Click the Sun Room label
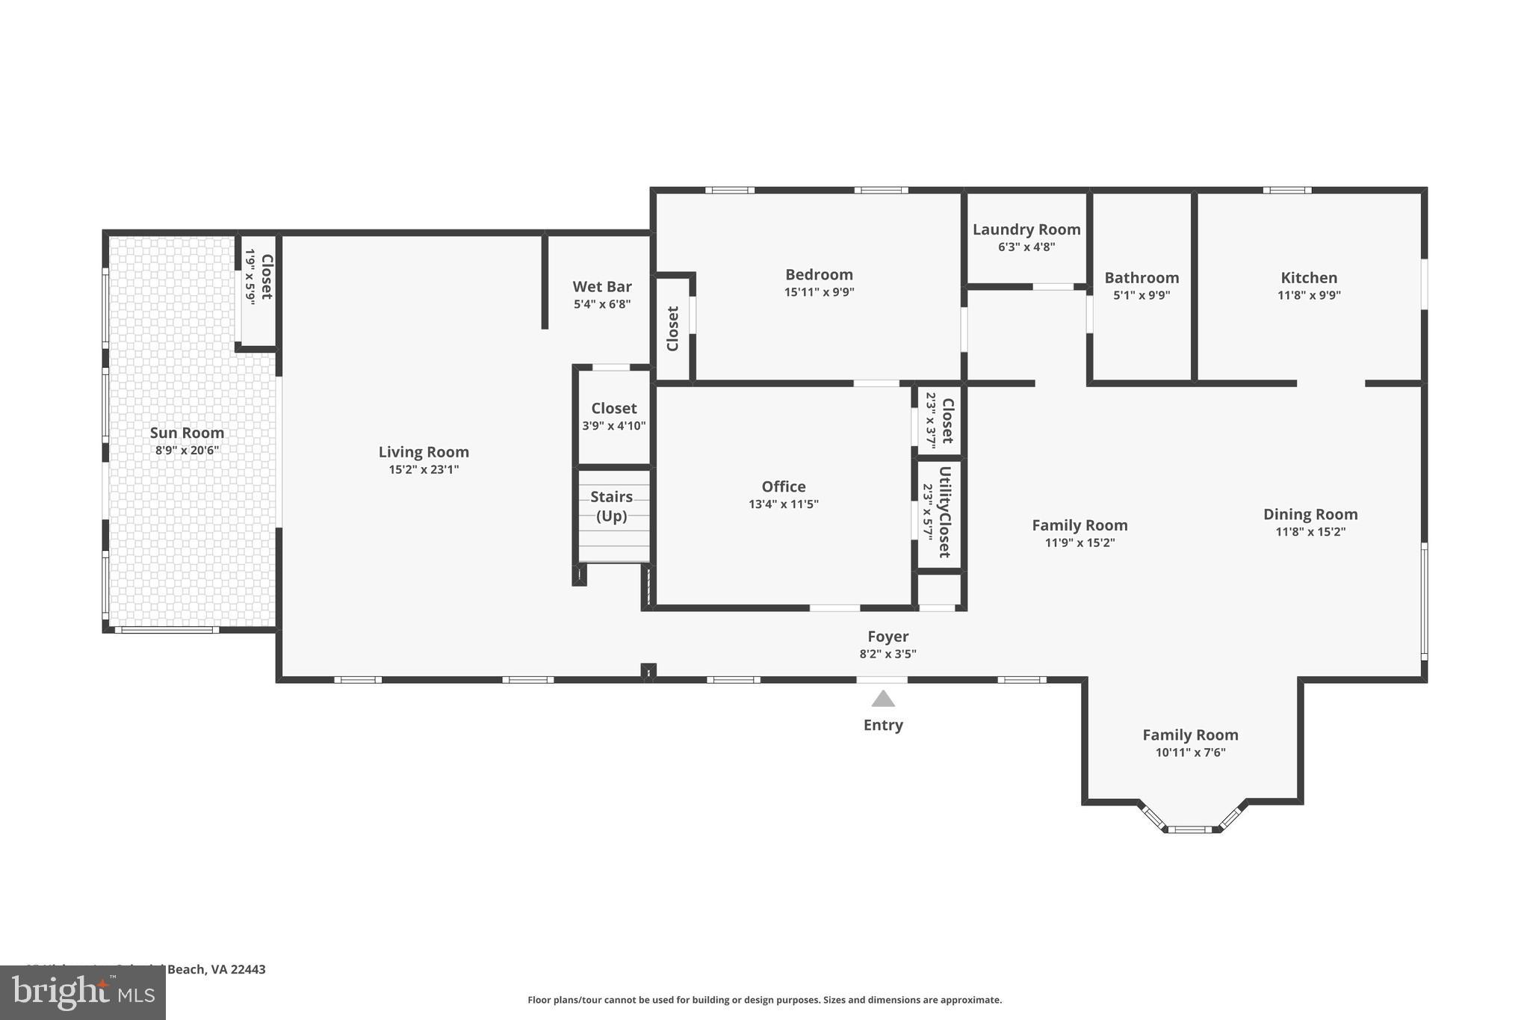pos(187,433)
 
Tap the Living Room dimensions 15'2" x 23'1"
pos(424,469)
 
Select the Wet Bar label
pos(602,286)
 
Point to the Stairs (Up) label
pos(611,506)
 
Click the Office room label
pos(784,486)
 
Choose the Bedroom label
pos(819,274)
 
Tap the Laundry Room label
pos(1026,229)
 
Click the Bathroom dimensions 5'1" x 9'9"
pos(1142,295)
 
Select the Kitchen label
pos(1309,277)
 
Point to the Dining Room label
pos(1310,514)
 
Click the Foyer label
pos(888,636)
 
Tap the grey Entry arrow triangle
pos(883,699)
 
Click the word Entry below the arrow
pos(883,725)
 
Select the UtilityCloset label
pos(944,512)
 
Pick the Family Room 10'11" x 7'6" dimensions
pos(1190,752)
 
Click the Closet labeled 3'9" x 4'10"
pos(614,408)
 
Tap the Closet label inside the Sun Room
pos(266,276)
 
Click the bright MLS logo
pos(83,992)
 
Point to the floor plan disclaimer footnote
pos(764,1000)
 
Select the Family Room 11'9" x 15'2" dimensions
pos(1080,543)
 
